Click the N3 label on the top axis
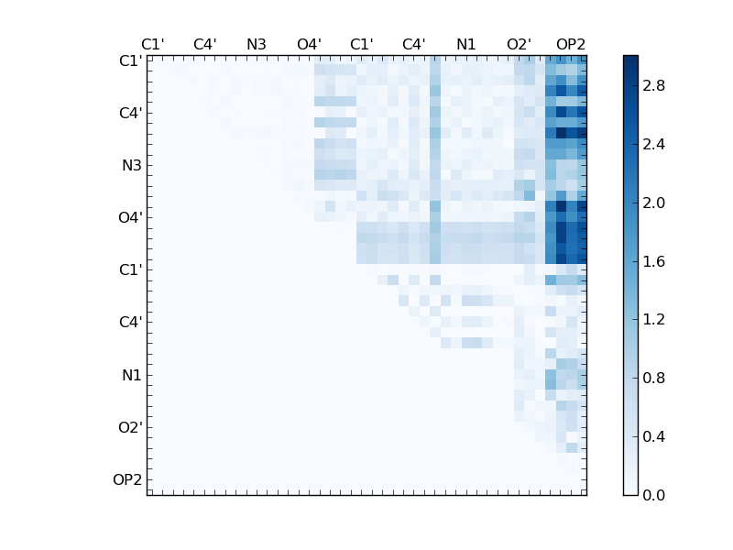257,44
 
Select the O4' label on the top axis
309,44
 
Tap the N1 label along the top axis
466,44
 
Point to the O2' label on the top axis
519,44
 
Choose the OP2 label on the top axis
571,44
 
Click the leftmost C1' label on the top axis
152,44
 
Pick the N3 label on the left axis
131,166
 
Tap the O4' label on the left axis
130,218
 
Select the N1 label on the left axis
131,375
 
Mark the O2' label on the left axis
130,427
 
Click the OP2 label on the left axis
127,479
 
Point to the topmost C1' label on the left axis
130,61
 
